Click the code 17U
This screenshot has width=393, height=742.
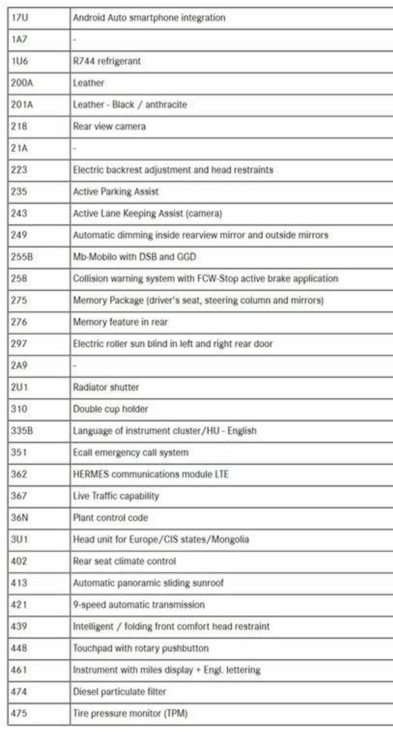coord(20,18)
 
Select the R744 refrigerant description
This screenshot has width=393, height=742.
coord(106,61)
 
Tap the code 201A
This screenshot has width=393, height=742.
coord(22,105)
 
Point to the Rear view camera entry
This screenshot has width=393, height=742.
coord(109,126)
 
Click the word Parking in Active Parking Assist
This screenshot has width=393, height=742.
coord(115,191)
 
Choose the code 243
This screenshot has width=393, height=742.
coord(19,214)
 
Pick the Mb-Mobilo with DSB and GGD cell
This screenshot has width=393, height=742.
coord(135,257)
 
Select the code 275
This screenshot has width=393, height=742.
coord(19,300)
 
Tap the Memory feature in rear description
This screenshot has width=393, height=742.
coord(120,322)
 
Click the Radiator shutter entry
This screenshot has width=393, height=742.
coord(106,388)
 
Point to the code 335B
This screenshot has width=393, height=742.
coord(22,431)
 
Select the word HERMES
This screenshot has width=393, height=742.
coord(91,474)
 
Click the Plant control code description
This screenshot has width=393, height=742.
coord(110,518)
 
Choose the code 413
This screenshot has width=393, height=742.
coord(19,583)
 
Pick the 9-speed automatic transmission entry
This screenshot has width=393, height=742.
coord(139,605)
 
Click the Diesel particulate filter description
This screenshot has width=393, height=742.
coord(120,691)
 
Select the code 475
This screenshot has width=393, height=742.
coord(19,714)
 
